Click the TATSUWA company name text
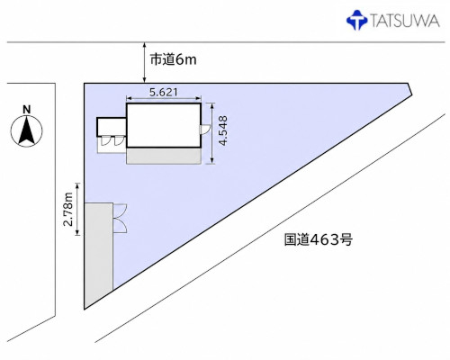[405, 21]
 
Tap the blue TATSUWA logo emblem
[356, 20]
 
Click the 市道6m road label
[174, 59]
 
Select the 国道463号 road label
[319, 239]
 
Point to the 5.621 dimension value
[164, 92]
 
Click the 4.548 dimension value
[223, 130]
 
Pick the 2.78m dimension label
[68, 209]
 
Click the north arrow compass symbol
[27, 130]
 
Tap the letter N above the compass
[27, 110]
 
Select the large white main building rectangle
[164, 125]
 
